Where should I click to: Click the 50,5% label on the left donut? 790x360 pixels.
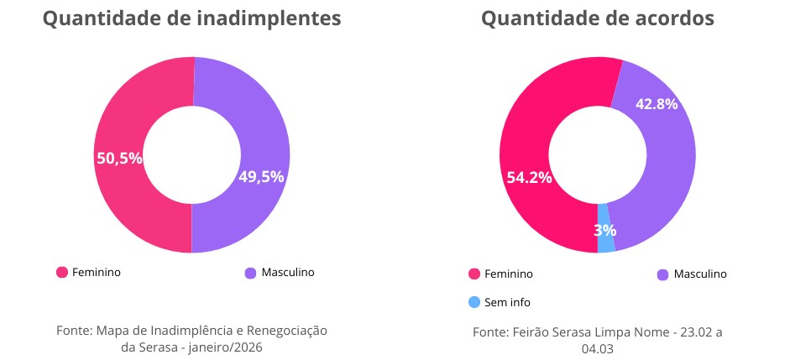(119, 157)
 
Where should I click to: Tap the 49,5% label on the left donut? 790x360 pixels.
(261, 176)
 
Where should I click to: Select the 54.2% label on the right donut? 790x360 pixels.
(529, 177)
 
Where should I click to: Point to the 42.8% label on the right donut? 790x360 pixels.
(657, 104)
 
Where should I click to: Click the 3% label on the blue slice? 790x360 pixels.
(605, 230)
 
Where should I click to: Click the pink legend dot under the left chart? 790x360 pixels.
(61, 273)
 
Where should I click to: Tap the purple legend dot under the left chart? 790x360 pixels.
(250, 273)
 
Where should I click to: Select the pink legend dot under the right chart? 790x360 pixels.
(474, 274)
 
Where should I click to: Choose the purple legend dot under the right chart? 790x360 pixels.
(662, 274)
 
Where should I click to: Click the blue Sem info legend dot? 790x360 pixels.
(474, 302)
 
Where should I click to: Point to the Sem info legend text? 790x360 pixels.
(508, 302)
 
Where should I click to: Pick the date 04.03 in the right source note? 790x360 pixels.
(598, 348)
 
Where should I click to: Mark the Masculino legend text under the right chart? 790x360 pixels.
(700, 274)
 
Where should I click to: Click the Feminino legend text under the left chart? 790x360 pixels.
(97, 273)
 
